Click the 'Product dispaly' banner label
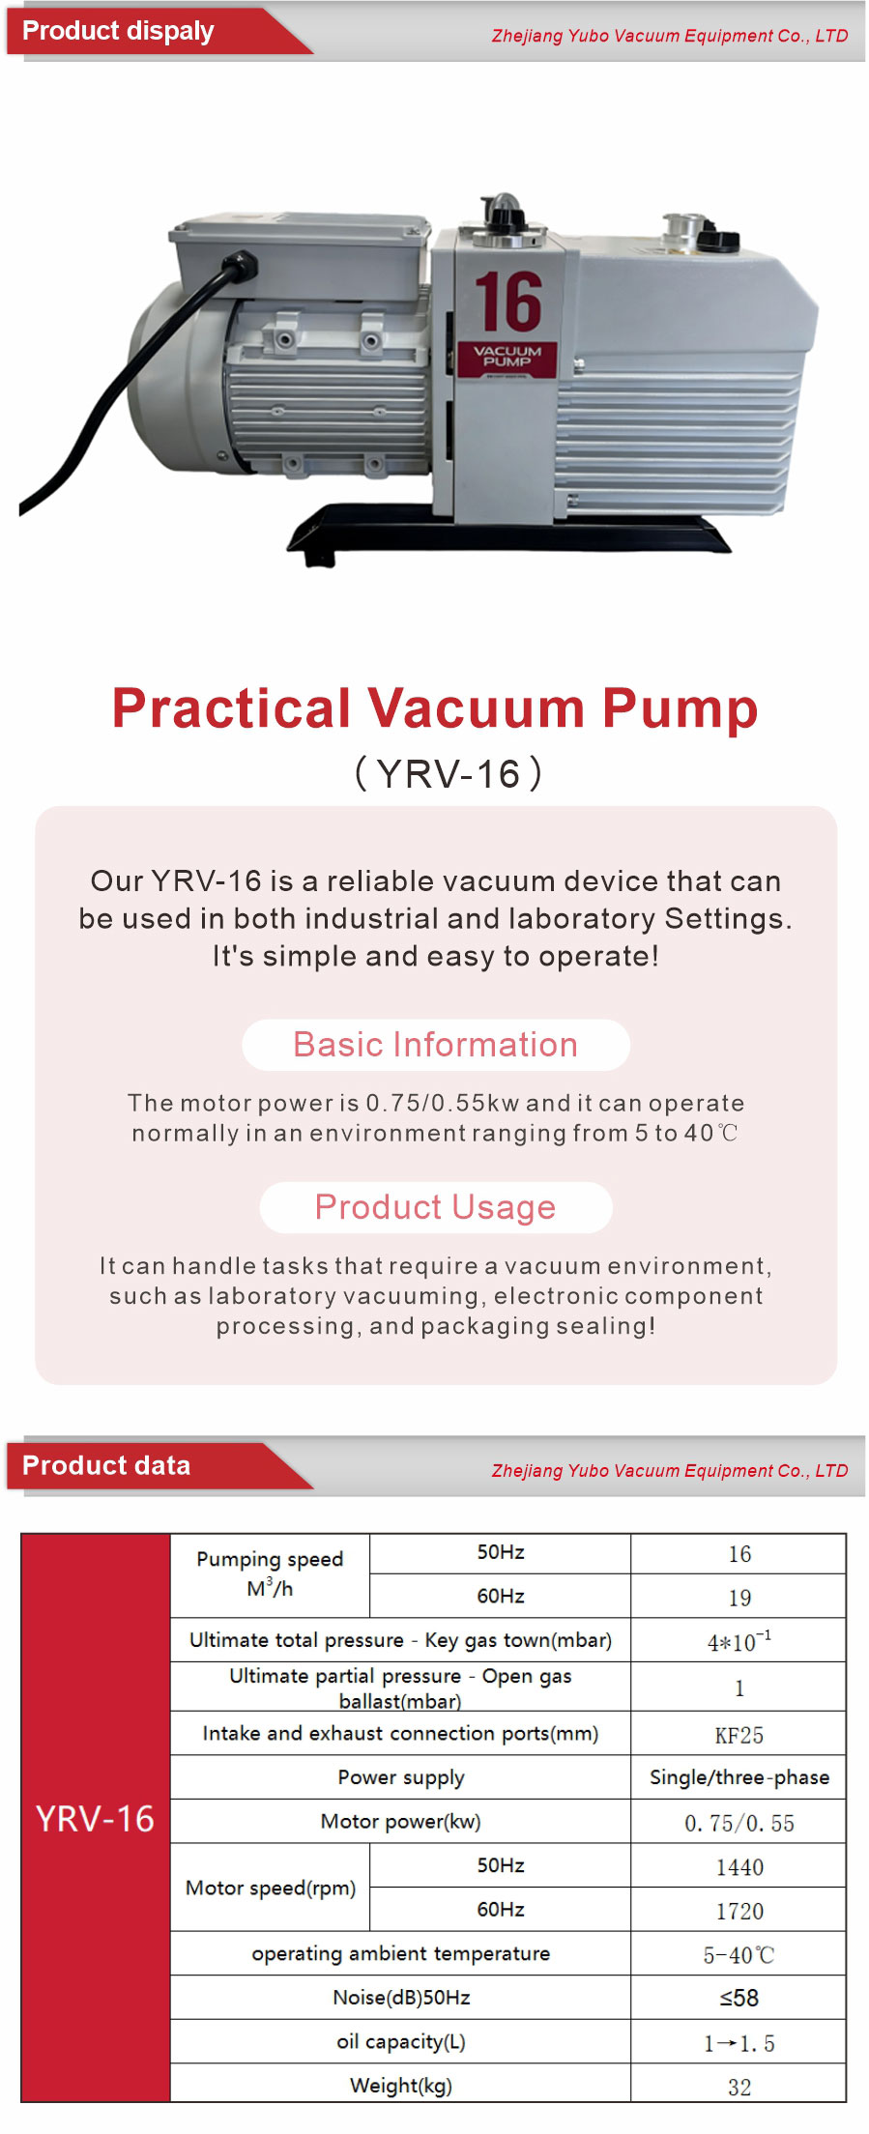pyautogui.click(x=118, y=31)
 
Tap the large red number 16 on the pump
pyautogui.click(x=508, y=302)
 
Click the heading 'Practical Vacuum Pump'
pyautogui.click(x=435, y=707)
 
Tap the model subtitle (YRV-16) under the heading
pyautogui.click(x=449, y=774)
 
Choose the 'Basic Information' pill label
pyautogui.click(x=436, y=1045)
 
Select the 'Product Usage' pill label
pyautogui.click(x=436, y=1207)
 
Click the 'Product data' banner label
pyautogui.click(x=106, y=1466)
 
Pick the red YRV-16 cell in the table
pyautogui.click(x=96, y=1818)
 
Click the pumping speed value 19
pyautogui.click(x=739, y=1598)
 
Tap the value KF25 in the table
pyautogui.click(x=739, y=1736)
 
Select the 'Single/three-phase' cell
pyautogui.click(x=739, y=1777)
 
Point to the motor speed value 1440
pyautogui.click(x=739, y=1867)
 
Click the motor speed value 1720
pyautogui.click(x=739, y=1911)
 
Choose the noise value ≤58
pyautogui.click(x=739, y=1998)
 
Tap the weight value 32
pyautogui.click(x=739, y=2087)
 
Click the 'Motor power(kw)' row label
pyautogui.click(x=400, y=1822)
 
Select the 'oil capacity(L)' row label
pyautogui.click(x=401, y=2042)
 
